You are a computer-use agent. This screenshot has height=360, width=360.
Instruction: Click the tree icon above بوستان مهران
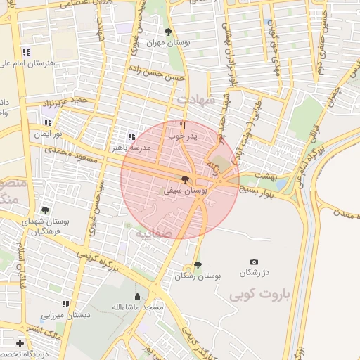pos(167,32)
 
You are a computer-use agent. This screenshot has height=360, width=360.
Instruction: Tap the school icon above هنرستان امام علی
pos(26,52)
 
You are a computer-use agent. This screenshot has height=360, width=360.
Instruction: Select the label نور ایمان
pos(47,133)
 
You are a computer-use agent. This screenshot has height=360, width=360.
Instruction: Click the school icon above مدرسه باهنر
pos(131,137)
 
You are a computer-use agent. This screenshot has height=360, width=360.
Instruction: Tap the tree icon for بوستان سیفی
pos(185,180)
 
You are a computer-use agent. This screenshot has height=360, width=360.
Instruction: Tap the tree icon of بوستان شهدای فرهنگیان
pos(46,210)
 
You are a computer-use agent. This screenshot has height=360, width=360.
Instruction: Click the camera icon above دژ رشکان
pos(254,262)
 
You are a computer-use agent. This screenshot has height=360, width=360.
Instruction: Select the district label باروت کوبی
pos(259,294)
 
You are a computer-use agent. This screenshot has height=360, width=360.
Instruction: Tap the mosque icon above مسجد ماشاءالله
pos(137,297)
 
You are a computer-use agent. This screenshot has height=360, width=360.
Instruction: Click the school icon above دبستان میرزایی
pos(65,304)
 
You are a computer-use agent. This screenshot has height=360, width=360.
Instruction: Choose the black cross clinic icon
pos(20,344)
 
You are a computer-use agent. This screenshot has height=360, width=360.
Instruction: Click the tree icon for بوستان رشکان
pos(198,265)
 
